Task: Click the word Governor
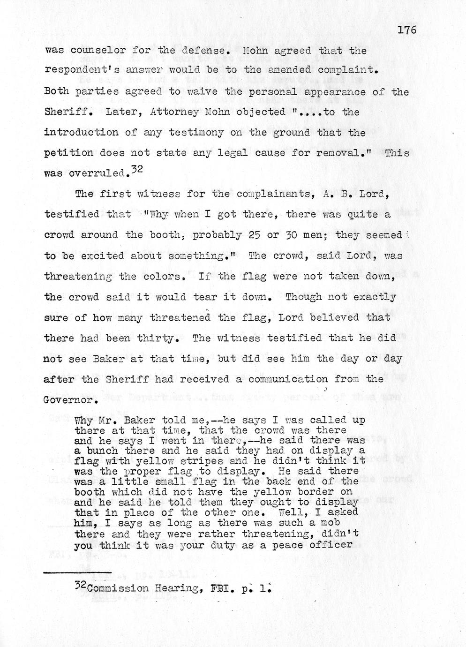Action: click(69, 401)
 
